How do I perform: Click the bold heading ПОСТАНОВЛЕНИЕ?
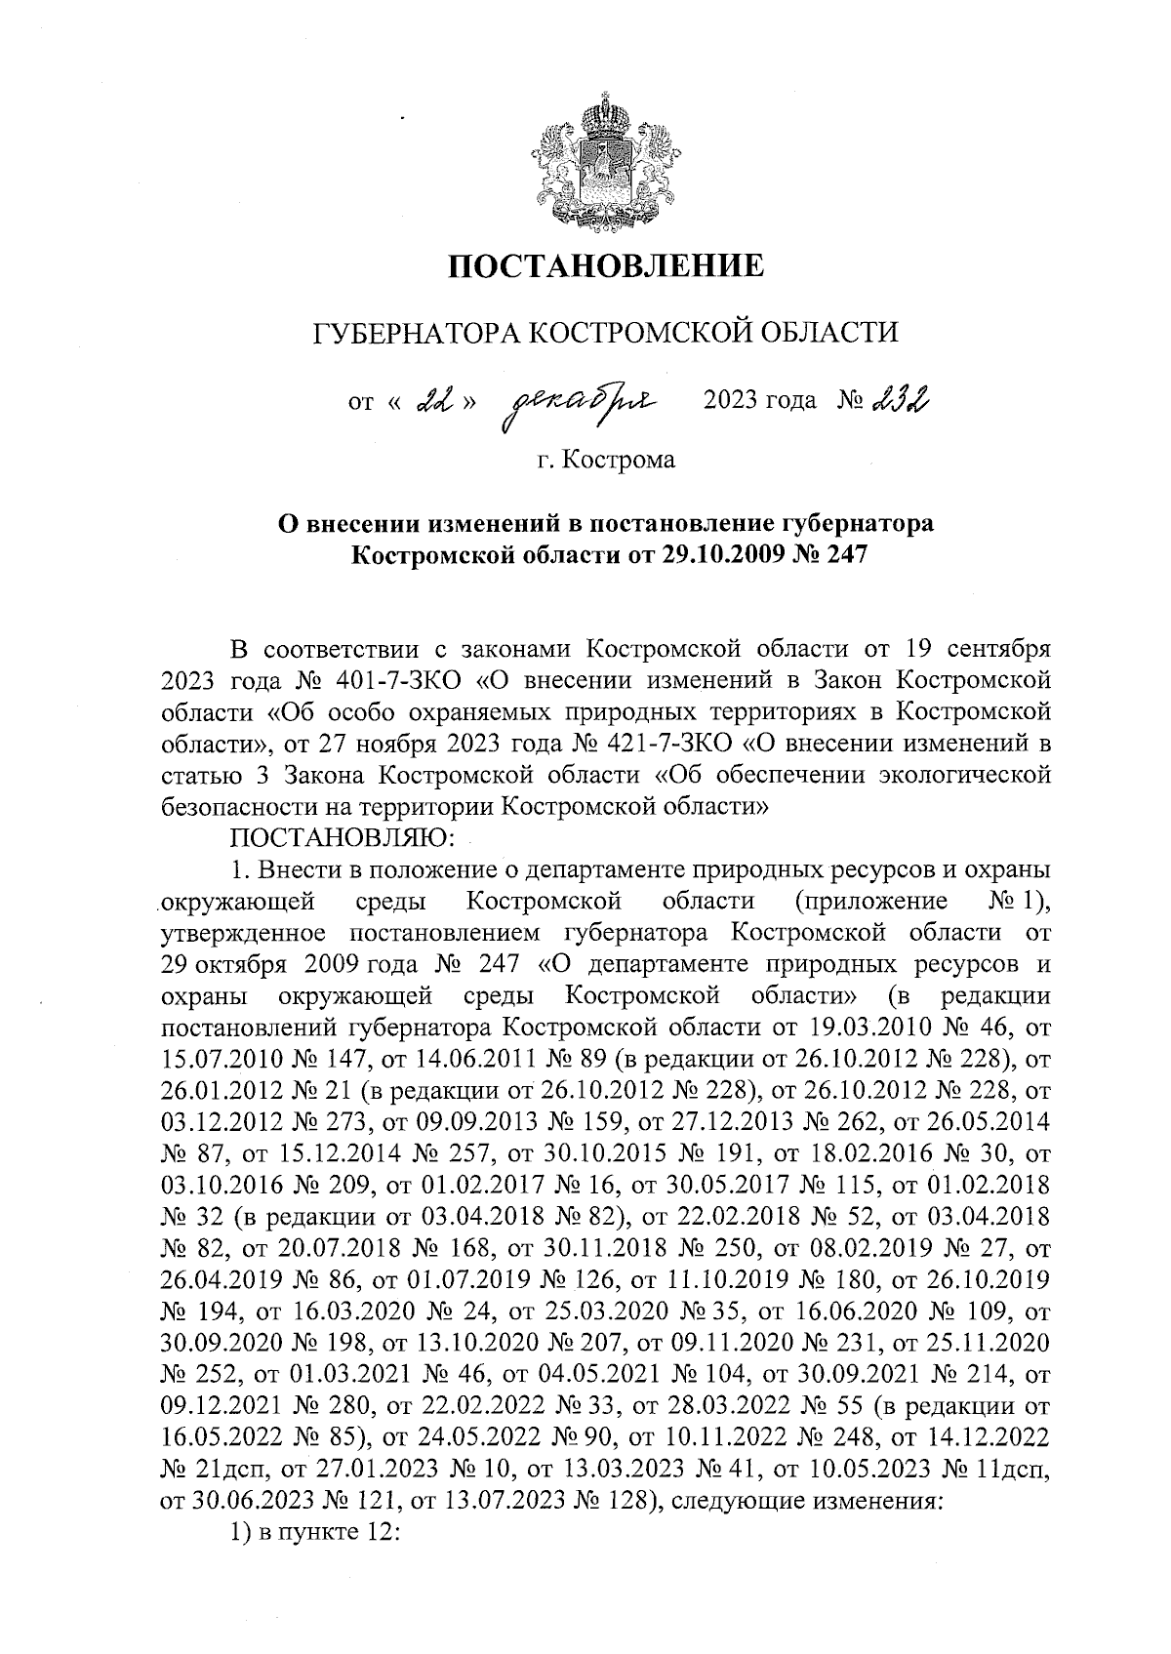(x=605, y=265)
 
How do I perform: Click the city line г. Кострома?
(x=605, y=459)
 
